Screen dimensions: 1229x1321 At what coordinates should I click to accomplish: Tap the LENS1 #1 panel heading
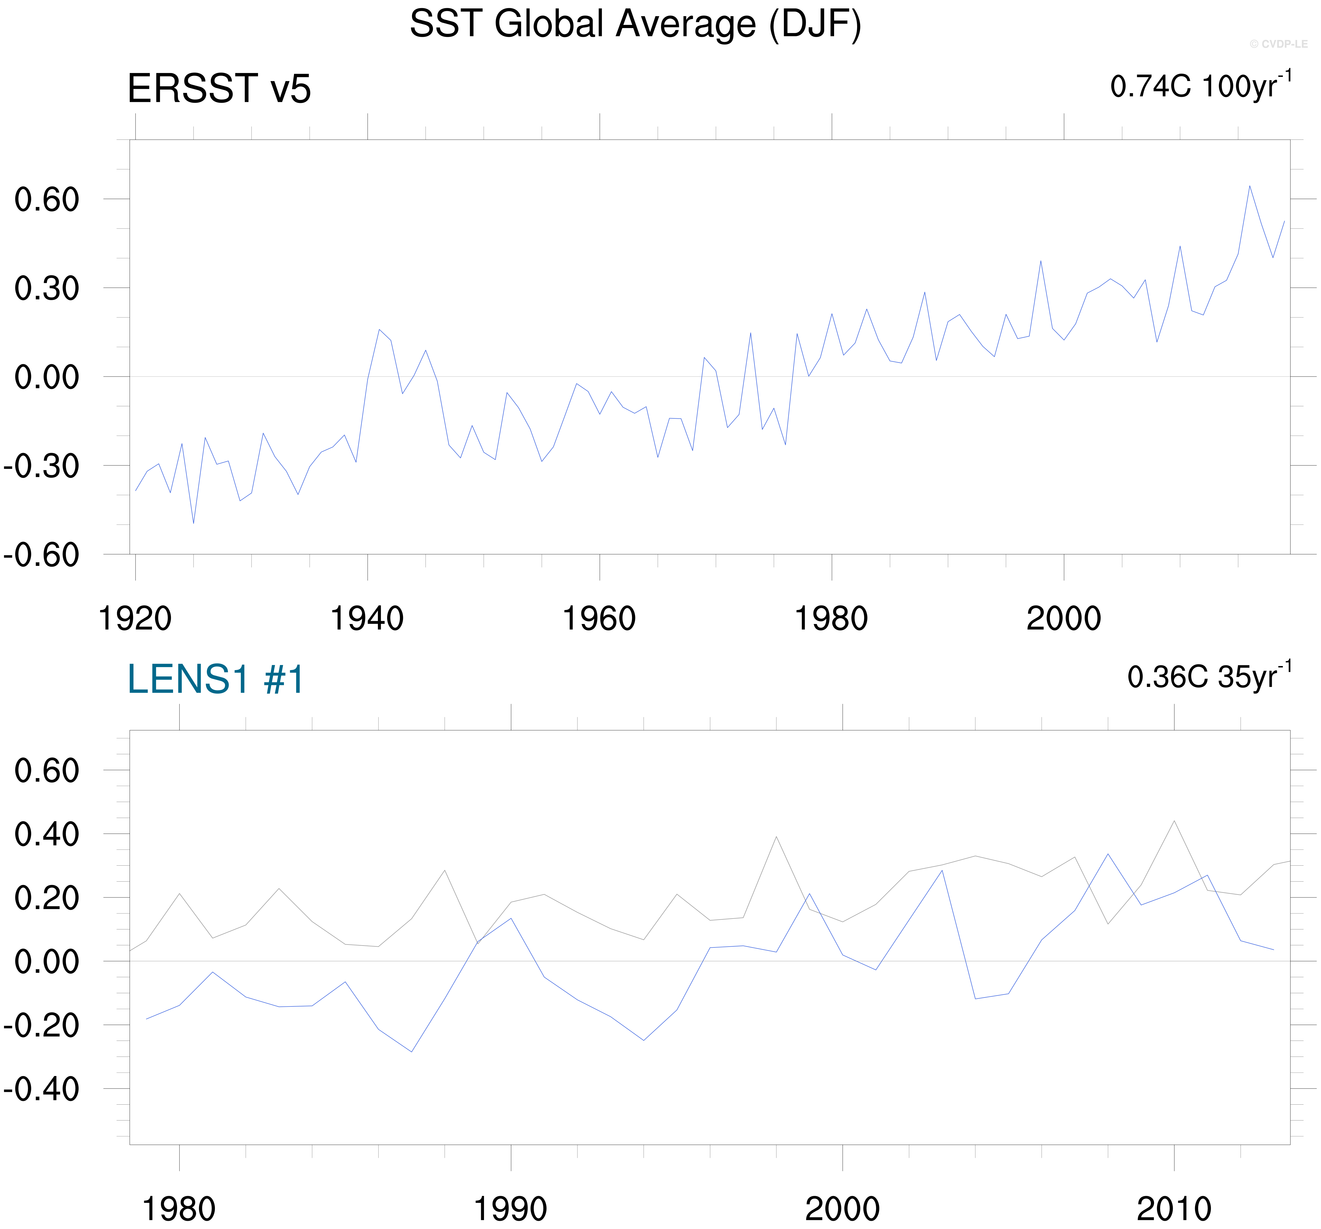215,679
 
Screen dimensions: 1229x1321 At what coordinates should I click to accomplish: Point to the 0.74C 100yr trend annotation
1200,87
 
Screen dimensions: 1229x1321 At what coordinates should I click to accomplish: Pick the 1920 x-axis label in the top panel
135,619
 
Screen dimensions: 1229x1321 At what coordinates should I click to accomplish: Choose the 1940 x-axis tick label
367,619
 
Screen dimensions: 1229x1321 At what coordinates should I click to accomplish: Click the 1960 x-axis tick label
599,619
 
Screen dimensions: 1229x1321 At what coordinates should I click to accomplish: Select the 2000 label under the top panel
1063,619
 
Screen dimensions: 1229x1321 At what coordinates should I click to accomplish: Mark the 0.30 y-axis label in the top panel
47,288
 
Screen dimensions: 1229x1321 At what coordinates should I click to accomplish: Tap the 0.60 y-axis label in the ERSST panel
47,199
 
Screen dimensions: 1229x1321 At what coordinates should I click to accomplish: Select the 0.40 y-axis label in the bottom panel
47,834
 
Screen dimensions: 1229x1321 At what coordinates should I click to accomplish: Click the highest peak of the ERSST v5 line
1249,186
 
